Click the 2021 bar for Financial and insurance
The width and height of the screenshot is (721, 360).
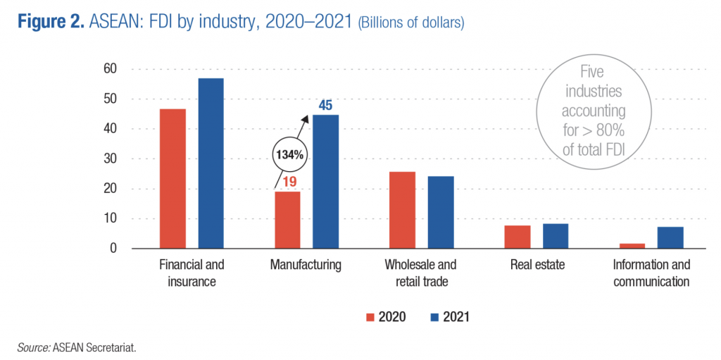click(x=211, y=163)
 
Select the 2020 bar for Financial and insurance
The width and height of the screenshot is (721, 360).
click(x=173, y=179)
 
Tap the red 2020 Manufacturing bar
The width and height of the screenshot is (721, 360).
click(x=287, y=220)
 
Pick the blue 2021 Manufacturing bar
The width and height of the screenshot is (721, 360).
click(x=325, y=182)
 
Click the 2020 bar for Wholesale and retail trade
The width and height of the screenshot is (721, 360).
click(x=402, y=210)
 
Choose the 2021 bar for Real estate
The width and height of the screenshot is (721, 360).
click(x=555, y=236)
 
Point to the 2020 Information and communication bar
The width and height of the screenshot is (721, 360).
click(x=632, y=246)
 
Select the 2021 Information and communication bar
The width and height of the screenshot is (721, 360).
click(x=670, y=237)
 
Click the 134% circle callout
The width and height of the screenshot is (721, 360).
click(x=289, y=154)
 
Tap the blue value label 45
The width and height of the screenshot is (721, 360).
click(x=325, y=106)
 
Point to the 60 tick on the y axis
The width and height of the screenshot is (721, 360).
click(x=109, y=69)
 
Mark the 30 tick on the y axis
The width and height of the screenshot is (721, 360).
click(x=109, y=159)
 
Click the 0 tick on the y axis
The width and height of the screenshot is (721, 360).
click(x=113, y=249)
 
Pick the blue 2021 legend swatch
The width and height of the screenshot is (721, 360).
click(x=434, y=317)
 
